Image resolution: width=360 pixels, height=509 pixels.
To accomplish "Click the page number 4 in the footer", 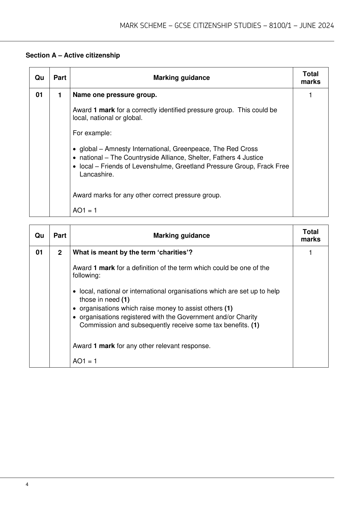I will pyautogui.click(x=27, y=484).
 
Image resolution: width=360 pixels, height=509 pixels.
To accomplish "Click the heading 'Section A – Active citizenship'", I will pyautogui.click(x=73, y=55).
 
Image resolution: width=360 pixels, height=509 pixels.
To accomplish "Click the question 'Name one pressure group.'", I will pyautogui.click(x=115, y=95).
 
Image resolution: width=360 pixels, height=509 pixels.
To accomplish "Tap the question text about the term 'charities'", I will pyautogui.click(x=132, y=252).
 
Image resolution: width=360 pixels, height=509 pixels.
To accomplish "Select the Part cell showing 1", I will pyautogui.click(x=60, y=95).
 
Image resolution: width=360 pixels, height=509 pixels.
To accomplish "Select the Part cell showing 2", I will pyautogui.click(x=60, y=253).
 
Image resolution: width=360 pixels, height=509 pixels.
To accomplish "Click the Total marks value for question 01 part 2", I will pyautogui.click(x=310, y=253).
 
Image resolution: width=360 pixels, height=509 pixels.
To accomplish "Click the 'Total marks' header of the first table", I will pyautogui.click(x=310, y=78).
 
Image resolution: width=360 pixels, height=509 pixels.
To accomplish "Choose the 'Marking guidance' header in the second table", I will pyautogui.click(x=181, y=236).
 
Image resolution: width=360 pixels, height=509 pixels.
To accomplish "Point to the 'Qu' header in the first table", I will pyautogui.click(x=39, y=78).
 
